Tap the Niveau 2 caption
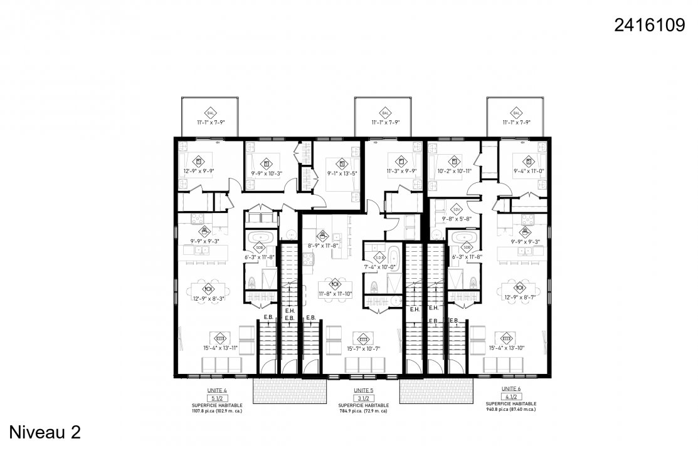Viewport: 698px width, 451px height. (45, 432)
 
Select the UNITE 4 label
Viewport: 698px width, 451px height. (217, 390)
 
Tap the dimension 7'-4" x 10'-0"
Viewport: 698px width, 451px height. (379, 267)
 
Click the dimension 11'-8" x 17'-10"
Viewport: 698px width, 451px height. (336, 293)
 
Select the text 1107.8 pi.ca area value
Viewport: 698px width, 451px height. (216, 412)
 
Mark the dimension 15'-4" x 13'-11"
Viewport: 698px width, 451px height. (219, 348)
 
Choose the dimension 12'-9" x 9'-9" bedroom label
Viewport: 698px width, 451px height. (199, 171)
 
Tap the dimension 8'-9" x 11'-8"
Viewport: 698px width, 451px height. (323, 246)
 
